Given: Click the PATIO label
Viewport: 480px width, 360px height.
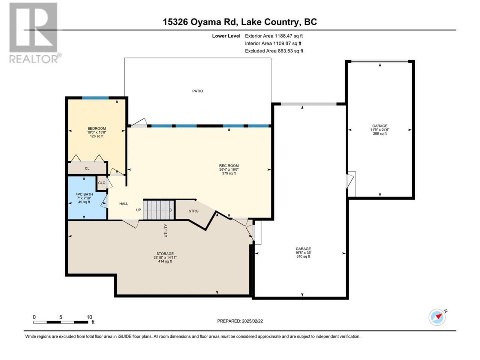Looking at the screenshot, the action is click(198, 91).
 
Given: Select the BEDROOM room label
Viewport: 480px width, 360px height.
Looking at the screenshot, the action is click(97, 129).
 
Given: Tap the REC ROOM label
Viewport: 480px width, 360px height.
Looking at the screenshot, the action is click(229, 166).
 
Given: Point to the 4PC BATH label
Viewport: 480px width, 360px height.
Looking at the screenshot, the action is click(84, 194).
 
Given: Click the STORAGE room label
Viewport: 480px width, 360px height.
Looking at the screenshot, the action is click(165, 254).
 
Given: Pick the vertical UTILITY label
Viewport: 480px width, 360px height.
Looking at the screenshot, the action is click(165, 231).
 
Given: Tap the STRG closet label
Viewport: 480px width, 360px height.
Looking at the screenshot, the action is click(193, 211).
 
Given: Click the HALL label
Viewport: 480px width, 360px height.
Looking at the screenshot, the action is click(123, 204).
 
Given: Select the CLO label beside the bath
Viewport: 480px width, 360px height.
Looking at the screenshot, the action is click(102, 183).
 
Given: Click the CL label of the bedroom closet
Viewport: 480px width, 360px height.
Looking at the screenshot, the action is click(87, 168).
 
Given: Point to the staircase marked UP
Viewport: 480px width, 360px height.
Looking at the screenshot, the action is click(159, 210).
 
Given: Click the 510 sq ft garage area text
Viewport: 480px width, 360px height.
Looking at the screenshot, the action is click(303, 256).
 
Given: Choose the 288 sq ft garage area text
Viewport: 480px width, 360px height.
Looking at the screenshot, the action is click(380, 133).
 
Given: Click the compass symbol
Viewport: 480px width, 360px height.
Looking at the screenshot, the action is click(437, 317).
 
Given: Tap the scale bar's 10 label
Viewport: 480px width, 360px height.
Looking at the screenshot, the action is click(89, 317).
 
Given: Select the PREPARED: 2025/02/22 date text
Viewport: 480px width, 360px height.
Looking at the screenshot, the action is click(240, 321).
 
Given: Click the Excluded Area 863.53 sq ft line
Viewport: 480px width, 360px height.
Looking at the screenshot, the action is click(274, 51).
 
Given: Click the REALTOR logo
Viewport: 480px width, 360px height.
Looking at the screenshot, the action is click(35, 33).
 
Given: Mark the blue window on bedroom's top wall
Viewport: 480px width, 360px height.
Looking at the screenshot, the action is click(95, 98).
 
